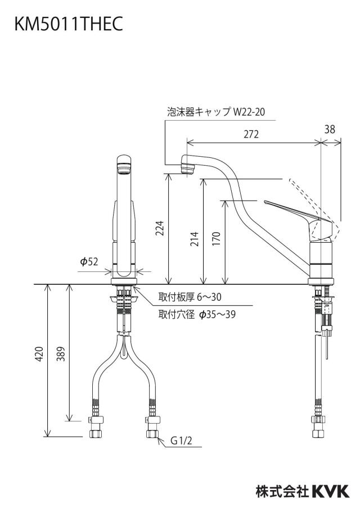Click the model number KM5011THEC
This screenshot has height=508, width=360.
(x=69, y=24)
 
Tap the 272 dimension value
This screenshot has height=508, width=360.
(x=251, y=134)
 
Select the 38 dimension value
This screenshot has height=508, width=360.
(x=330, y=129)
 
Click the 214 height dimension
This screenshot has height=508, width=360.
(x=194, y=239)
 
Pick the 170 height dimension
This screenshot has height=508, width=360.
(x=217, y=239)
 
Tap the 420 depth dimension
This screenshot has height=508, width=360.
(x=39, y=354)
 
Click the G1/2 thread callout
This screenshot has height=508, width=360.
(x=181, y=441)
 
